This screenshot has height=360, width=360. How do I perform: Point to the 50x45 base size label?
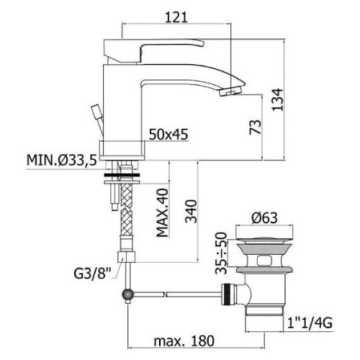click(170, 133)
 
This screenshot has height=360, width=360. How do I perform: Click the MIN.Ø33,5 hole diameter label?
click(60, 158)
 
